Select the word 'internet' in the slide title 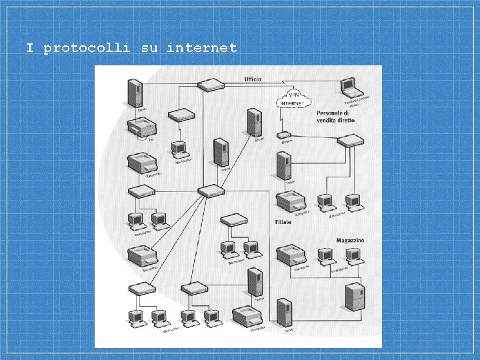click(x=201, y=48)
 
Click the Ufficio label click(x=252, y=79)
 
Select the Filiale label click(x=283, y=222)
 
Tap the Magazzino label click(x=350, y=240)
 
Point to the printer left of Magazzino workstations click(x=291, y=256)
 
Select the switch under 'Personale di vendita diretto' click(x=351, y=141)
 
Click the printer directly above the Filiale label click(x=291, y=202)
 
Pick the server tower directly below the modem click(x=284, y=167)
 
